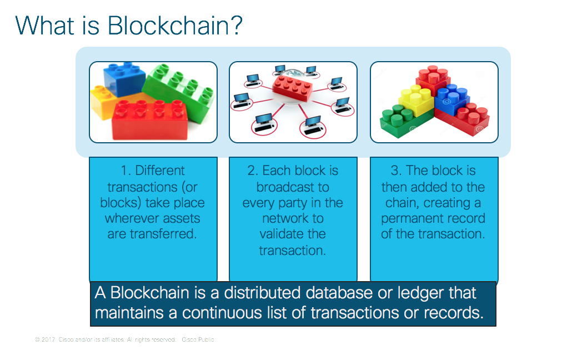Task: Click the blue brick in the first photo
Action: pos(123,78)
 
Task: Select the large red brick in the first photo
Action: pos(150,119)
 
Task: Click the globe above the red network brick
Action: pos(293,71)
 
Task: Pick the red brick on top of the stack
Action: pos(434,78)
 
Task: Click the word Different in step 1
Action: pos(160,171)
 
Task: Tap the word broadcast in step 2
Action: pos(293,187)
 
